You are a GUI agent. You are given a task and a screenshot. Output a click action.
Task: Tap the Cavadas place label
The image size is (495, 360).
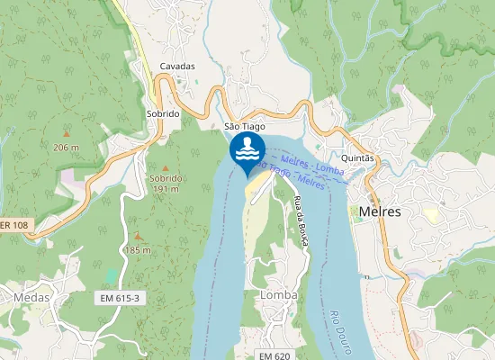pyautogui.click(x=177, y=67)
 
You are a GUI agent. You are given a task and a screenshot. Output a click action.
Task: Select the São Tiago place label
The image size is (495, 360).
pyautogui.click(x=243, y=127)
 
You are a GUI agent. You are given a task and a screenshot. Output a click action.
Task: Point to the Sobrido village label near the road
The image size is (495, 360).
pyautogui.click(x=163, y=114)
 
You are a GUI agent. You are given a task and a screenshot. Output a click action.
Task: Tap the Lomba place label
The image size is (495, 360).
pyautogui.click(x=278, y=294)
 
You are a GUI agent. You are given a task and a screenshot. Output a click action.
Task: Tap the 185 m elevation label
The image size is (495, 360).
pyautogui.click(x=138, y=249)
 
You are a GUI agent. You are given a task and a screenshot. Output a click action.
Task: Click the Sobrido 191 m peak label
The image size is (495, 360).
pyautogui.click(x=164, y=184)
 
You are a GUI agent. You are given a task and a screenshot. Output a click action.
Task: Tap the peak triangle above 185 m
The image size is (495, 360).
pyautogui.click(x=138, y=236)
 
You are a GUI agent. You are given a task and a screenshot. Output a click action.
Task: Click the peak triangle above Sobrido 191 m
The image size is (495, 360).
pyautogui.click(x=164, y=167)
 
